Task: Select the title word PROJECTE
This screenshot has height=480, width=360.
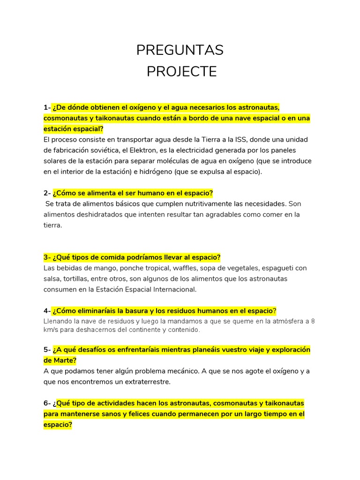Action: pos(181,72)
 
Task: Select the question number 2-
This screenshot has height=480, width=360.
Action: pos(47,193)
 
